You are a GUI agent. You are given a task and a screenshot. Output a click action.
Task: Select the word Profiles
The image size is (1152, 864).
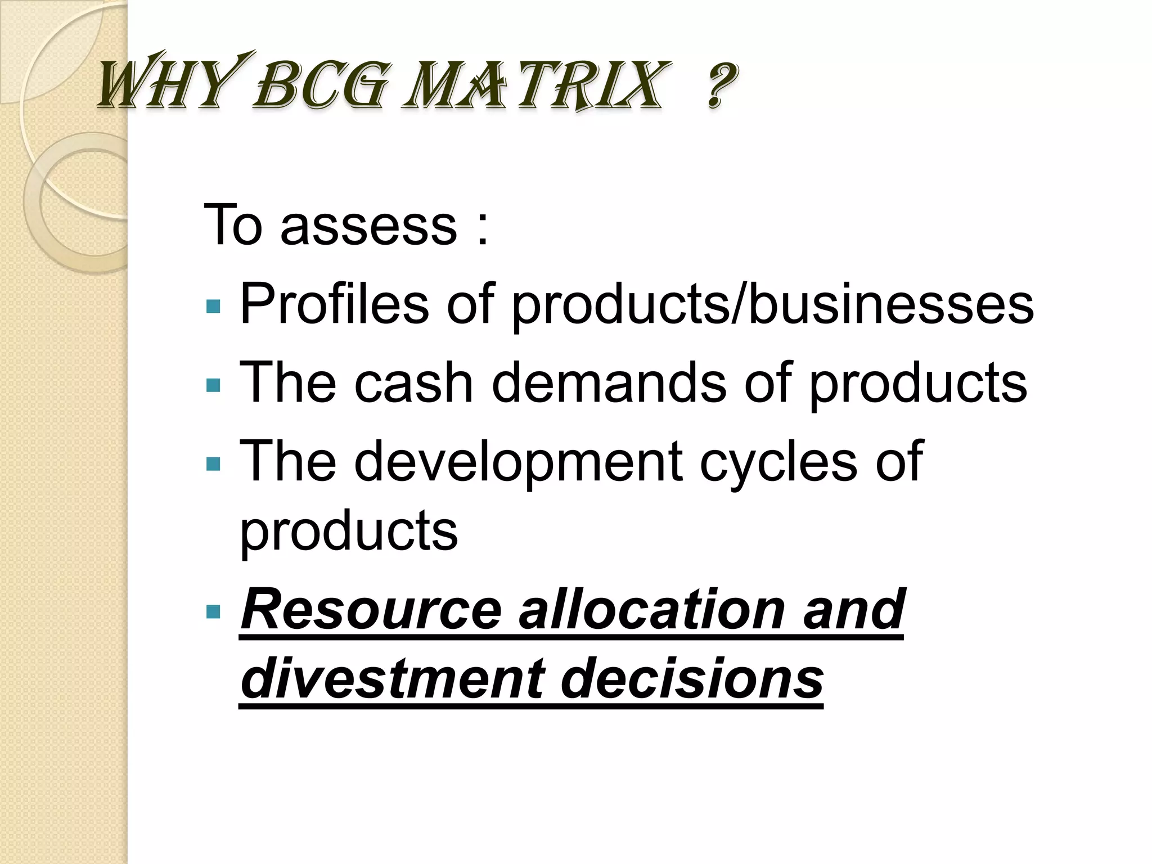[x=334, y=304]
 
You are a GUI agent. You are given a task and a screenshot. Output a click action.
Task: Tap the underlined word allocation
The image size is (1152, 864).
[x=651, y=610]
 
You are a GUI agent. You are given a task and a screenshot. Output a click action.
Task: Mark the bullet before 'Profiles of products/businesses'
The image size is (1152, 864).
[x=213, y=307]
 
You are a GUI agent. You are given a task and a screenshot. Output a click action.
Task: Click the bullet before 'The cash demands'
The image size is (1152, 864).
[x=213, y=385]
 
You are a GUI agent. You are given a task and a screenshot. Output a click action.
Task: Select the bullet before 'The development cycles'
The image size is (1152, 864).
[x=213, y=464]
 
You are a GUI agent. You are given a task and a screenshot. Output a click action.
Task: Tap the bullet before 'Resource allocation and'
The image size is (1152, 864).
[x=213, y=611]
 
